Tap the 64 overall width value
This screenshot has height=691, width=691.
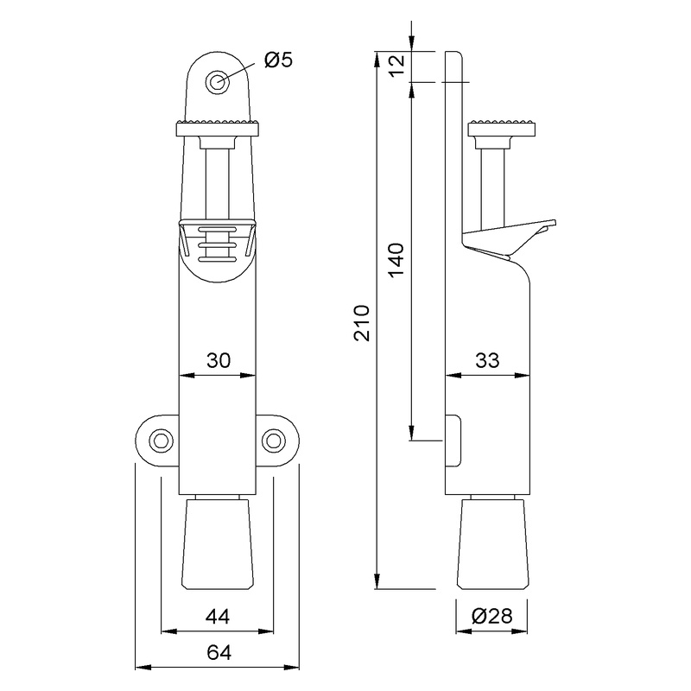point(218,653)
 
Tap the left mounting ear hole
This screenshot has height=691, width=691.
point(159,441)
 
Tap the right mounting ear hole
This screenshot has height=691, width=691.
point(275,441)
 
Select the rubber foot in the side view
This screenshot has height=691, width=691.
point(492,544)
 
